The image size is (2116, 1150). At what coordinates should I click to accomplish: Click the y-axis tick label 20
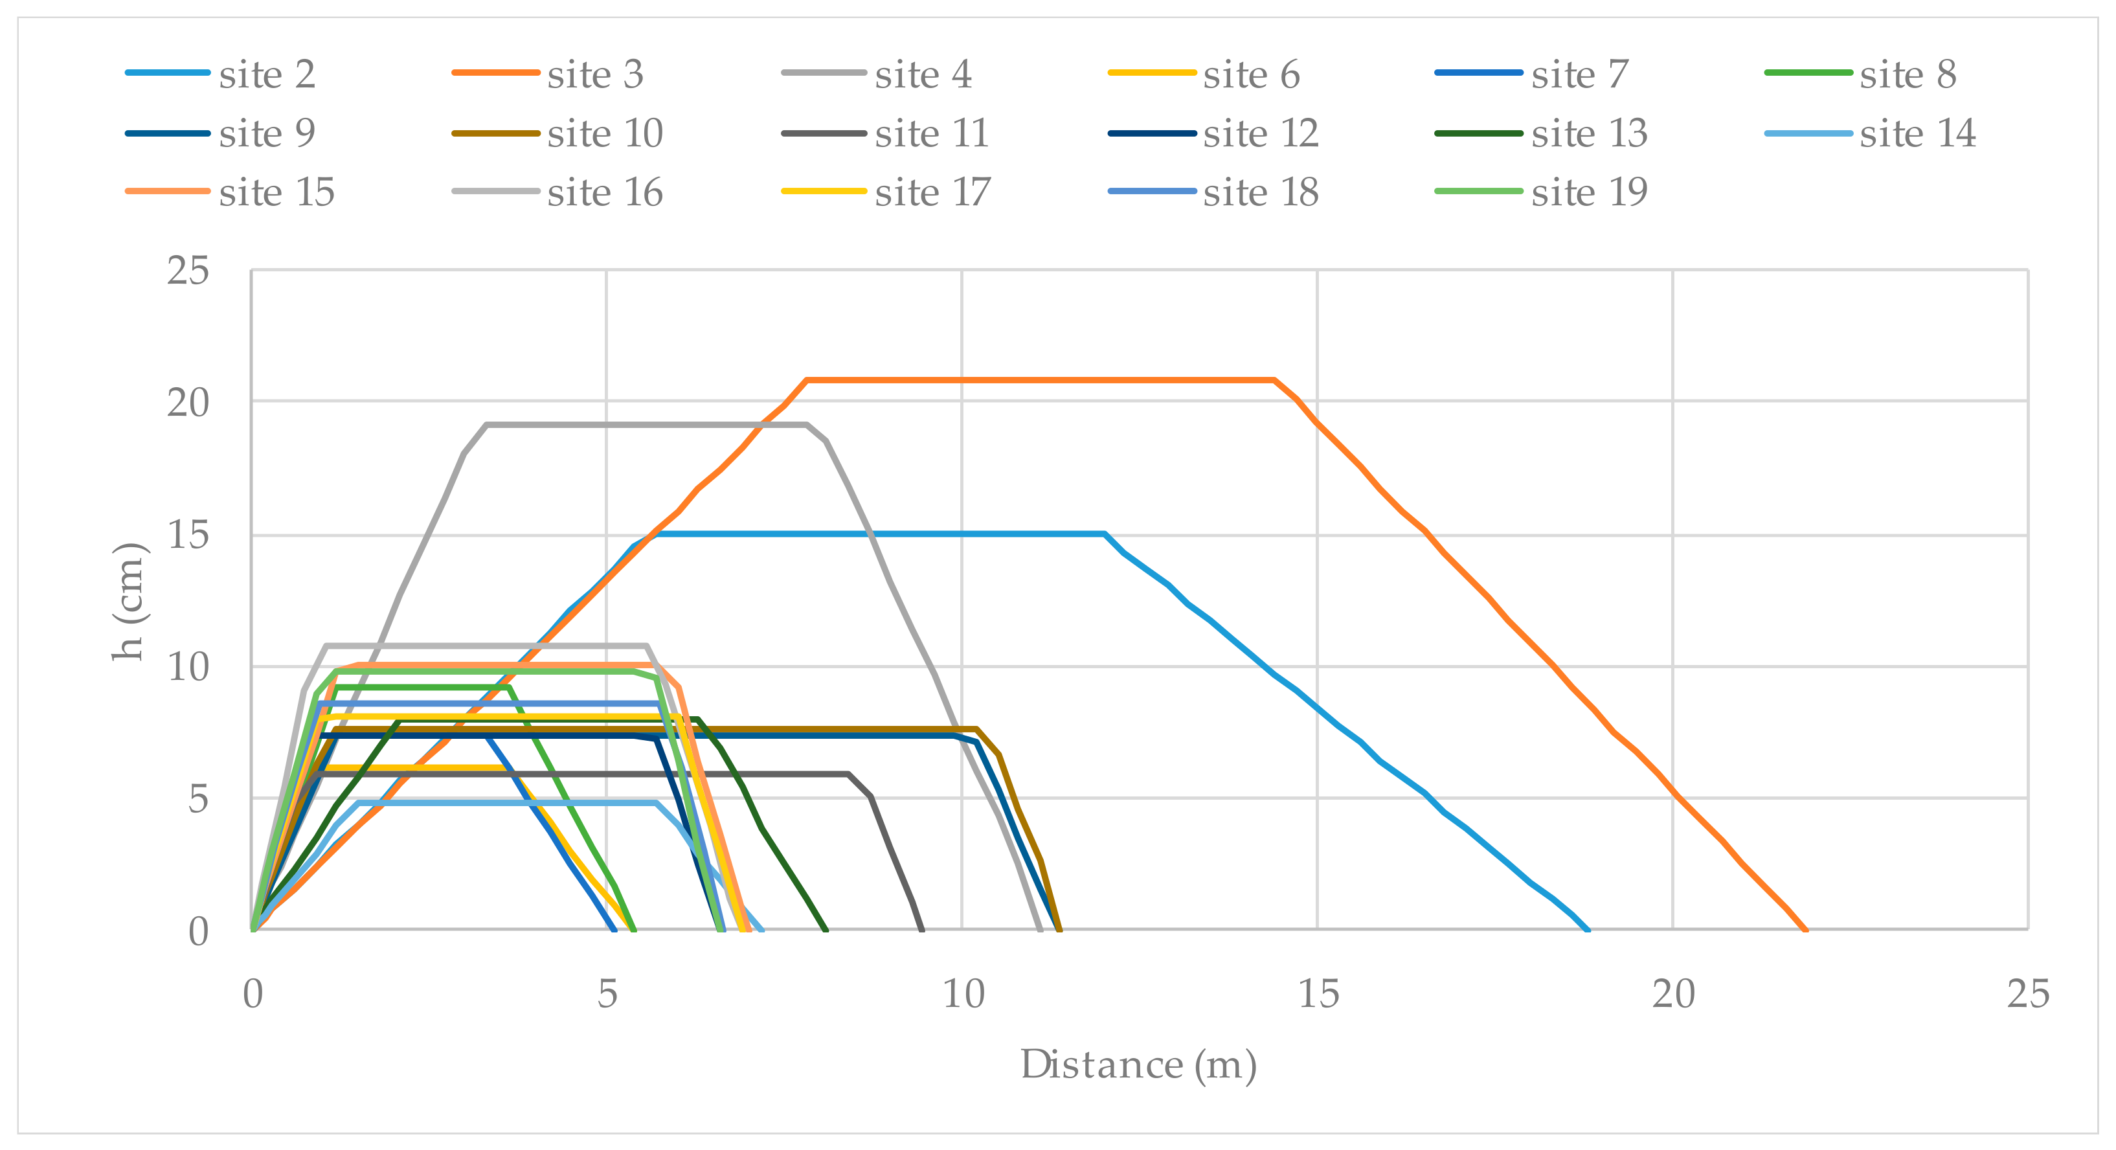click(188, 403)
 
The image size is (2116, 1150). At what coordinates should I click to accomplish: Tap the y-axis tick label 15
click(188, 536)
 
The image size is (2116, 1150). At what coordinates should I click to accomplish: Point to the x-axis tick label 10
click(962, 995)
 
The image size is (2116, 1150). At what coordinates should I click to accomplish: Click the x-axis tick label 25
click(2028, 995)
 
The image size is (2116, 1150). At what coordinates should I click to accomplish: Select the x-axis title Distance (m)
click(1138, 1065)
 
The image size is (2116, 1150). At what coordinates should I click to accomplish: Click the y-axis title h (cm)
click(129, 602)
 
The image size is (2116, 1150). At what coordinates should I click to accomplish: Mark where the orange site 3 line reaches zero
click(1805, 930)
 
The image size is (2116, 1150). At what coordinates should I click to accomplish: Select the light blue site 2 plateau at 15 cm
click(879, 534)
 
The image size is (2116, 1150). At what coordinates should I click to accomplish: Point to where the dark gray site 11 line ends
click(923, 930)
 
